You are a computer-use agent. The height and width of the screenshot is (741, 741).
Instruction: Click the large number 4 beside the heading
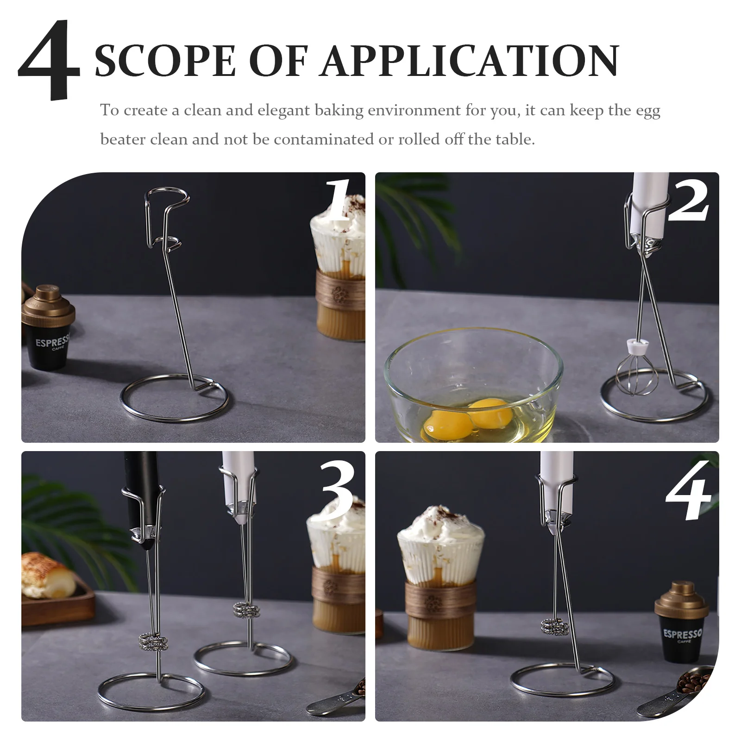click(x=50, y=60)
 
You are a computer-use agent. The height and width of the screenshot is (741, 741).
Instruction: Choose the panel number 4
click(x=688, y=491)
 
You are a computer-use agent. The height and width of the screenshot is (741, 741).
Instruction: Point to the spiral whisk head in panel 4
click(x=554, y=628)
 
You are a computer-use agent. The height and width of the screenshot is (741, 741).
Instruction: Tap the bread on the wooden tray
click(x=49, y=574)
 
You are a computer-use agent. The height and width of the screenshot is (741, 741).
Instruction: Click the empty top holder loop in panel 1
click(x=167, y=197)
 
